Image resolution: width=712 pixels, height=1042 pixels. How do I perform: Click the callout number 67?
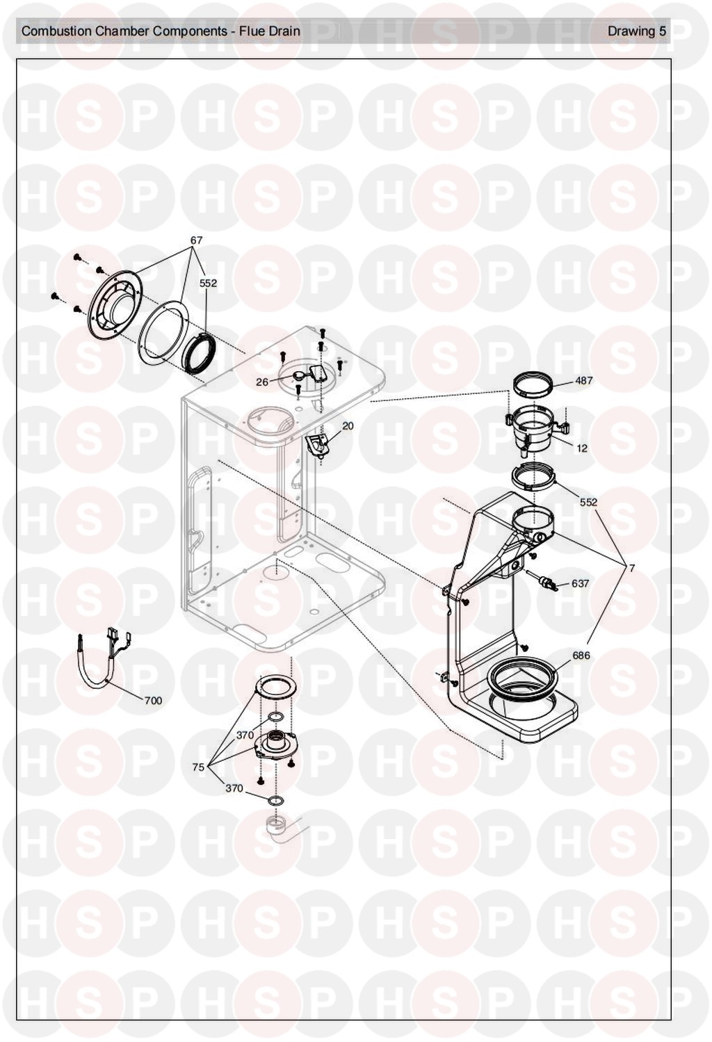pyautogui.click(x=196, y=240)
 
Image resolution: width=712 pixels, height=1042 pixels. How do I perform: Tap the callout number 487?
pyautogui.click(x=584, y=380)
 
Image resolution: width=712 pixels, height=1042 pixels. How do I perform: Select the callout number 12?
pyautogui.click(x=582, y=448)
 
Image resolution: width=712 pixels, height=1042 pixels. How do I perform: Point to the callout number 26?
pyautogui.click(x=262, y=382)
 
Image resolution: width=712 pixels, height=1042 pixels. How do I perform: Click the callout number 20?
pyautogui.click(x=348, y=425)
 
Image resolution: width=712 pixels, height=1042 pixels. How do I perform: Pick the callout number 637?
pyautogui.click(x=581, y=583)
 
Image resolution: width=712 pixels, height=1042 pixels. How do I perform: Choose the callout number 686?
pyautogui.click(x=581, y=656)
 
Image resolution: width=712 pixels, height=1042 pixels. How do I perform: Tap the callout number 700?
pyautogui.click(x=153, y=701)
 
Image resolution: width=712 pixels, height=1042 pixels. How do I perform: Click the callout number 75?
pyautogui.click(x=198, y=767)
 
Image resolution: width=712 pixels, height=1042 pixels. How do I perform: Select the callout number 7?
pyautogui.click(x=631, y=569)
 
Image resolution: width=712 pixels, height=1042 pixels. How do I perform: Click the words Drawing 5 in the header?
pyautogui.click(x=637, y=31)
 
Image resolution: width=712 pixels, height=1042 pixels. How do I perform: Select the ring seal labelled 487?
pyautogui.click(x=534, y=386)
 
